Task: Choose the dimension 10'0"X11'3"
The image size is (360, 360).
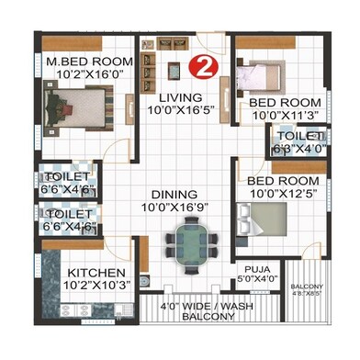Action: [286, 117]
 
